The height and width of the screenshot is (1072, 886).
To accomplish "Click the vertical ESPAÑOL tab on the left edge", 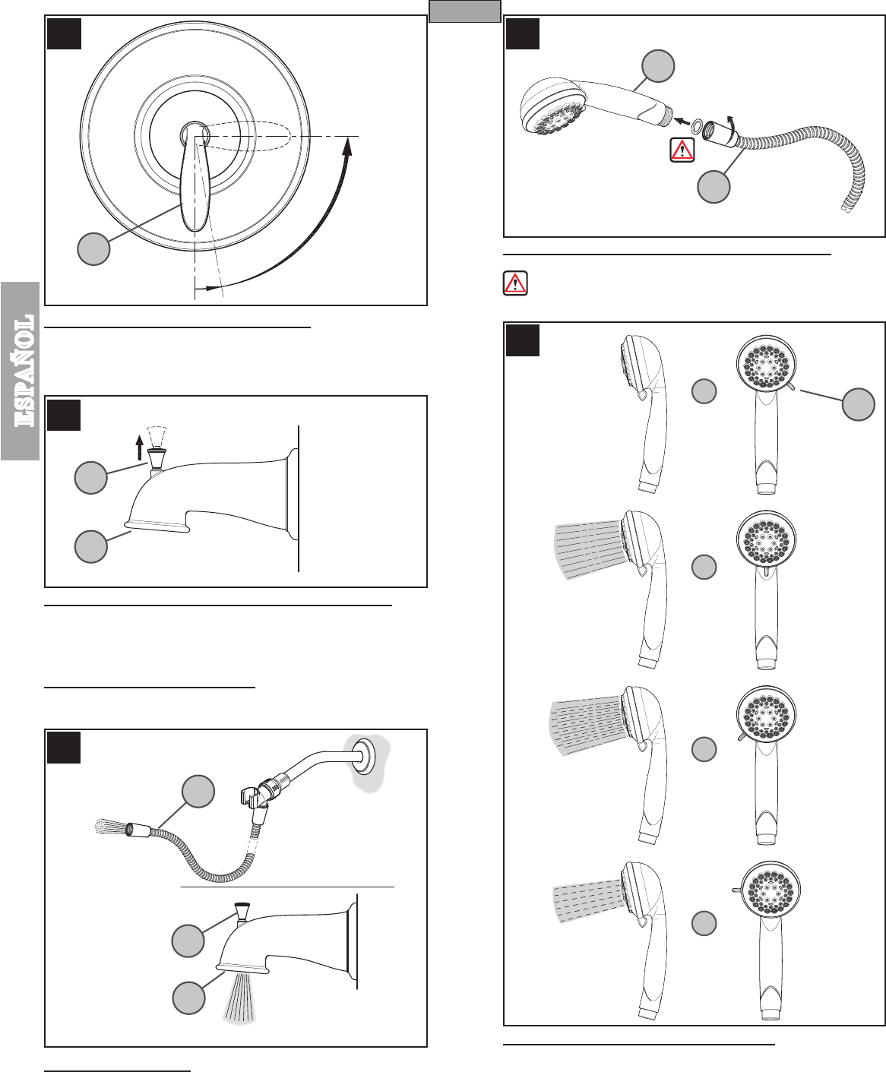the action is click(20, 371).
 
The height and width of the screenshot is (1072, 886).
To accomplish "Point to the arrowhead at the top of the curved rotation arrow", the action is click(348, 147).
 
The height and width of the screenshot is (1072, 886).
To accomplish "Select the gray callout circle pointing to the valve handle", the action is click(93, 249).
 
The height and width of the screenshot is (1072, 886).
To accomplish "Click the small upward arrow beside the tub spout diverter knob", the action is click(139, 447).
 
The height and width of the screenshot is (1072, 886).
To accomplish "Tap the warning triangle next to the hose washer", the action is click(682, 150).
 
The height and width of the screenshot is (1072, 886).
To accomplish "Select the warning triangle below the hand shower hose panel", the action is click(515, 283).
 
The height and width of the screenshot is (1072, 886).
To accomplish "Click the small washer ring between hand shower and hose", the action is click(697, 125).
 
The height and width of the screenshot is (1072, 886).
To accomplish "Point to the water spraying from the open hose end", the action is click(112, 826).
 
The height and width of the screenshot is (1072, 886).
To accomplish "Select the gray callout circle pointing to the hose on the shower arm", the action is click(198, 791).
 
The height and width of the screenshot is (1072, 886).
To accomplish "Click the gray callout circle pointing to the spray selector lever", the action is click(858, 405).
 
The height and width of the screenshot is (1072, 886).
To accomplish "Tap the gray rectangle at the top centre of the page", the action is click(465, 11).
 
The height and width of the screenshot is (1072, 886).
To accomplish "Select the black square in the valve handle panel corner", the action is click(64, 34).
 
